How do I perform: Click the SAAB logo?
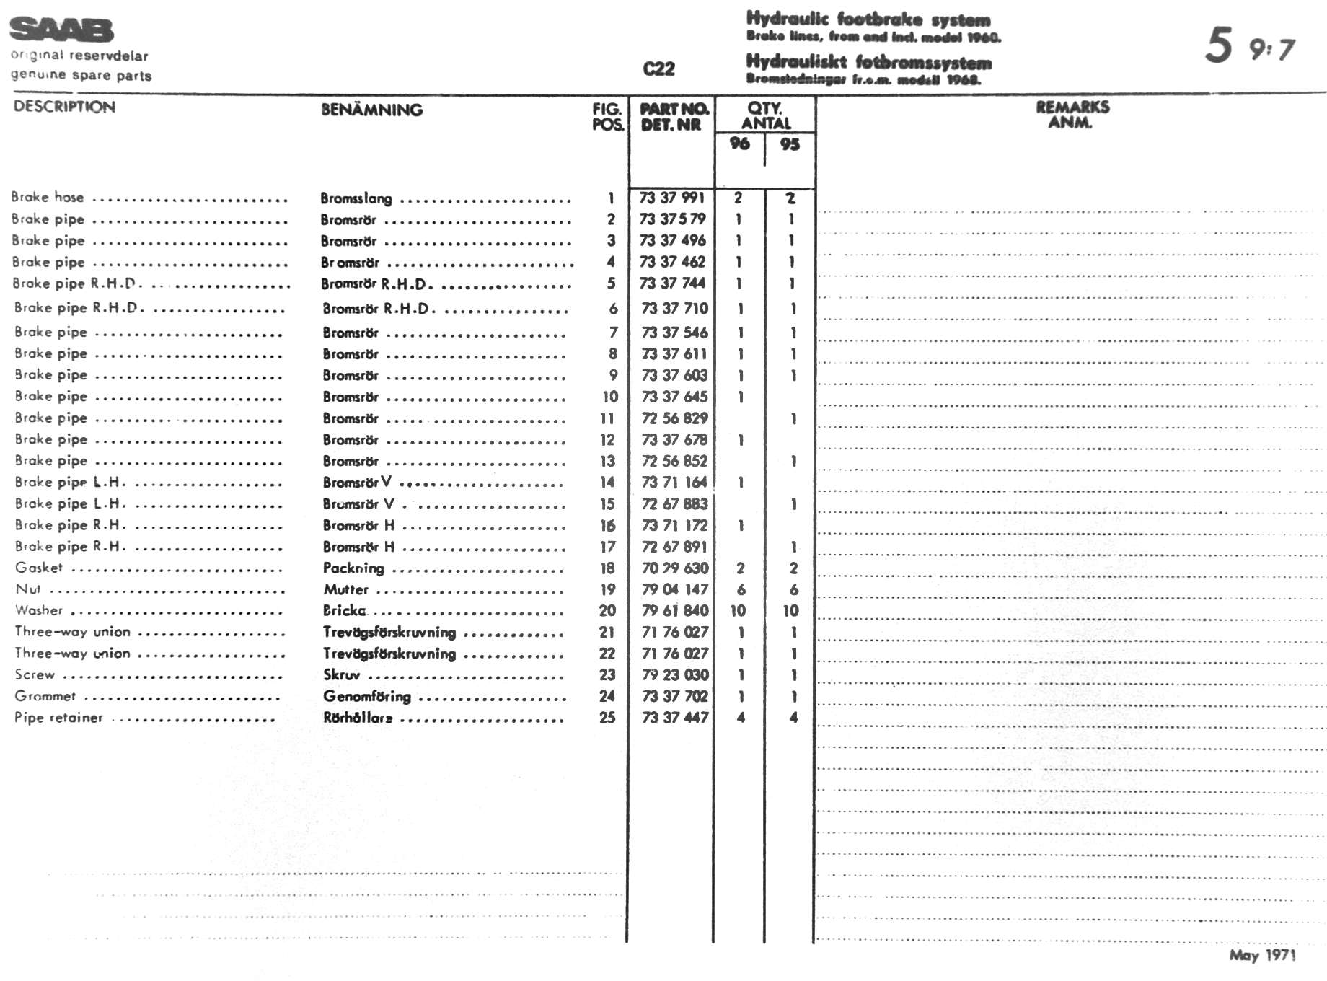[x=61, y=30]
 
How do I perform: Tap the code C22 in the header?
[x=658, y=69]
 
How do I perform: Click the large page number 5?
[x=1218, y=45]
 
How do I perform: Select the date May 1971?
[x=1262, y=955]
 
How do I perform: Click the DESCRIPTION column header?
[x=64, y=107]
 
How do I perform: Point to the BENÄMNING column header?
[x=371, y=110]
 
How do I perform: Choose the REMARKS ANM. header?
[x=1072, y=114]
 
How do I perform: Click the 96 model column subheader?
[x=739, y=144]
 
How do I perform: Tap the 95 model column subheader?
[x=790, y=144]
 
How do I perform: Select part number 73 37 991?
[x=672, y=198]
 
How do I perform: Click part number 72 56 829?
[x=674, y=418]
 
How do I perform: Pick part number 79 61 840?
[x=675, y=611]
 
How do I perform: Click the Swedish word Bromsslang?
[x=356, y=198]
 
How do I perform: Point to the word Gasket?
[x=39, y=568]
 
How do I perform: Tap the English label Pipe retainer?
[x=58, y=718]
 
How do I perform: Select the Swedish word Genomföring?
[x=367, y=696]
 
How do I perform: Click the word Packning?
[x=353, y=568]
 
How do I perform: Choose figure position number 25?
[x=607, y=718]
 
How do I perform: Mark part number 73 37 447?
[x=675, y=718]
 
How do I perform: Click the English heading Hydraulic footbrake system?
[x=868, y=19]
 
